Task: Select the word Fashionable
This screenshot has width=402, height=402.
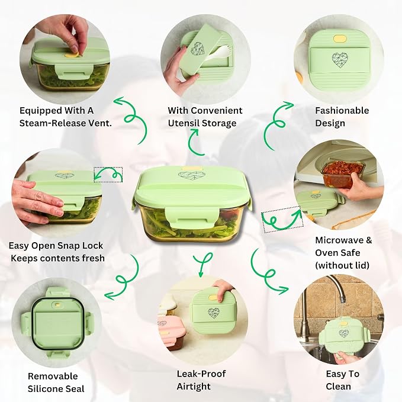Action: click(342, 111)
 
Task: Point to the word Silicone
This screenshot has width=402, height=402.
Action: click(56, 388)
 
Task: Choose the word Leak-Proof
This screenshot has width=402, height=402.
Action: click(201, 374)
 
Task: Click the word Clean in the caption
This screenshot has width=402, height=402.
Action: click(338, 387)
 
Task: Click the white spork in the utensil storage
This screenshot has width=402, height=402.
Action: click(215, 54)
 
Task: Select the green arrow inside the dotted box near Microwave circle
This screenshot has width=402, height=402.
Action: click(282, 220)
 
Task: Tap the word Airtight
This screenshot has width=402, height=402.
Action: click(194, 387)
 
